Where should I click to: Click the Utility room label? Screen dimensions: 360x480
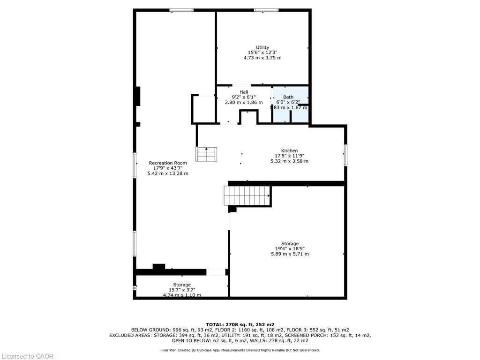coord(262,47)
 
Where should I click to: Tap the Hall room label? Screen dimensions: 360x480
coord(244,92)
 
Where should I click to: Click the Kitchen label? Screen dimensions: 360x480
coord(289,150)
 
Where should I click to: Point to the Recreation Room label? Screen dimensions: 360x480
coord(168,163)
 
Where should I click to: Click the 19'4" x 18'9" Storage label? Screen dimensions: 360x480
coord(290,244)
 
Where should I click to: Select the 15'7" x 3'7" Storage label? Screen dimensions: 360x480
coord(182,285)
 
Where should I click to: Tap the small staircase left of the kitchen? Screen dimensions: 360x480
coord(207,154)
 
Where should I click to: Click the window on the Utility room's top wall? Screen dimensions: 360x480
coord(266,10)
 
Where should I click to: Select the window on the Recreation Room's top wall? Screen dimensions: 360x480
coord(181,10)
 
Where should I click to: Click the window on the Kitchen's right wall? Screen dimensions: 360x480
coord(345,155)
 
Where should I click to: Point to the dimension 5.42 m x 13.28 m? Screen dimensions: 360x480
coord(168,173)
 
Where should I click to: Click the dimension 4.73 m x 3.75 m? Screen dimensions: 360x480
coord(262,58)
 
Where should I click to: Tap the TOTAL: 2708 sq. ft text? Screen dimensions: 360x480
coord(240,324)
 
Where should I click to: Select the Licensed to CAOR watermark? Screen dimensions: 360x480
coord(27,356)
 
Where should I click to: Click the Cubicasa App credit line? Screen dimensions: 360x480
coord(240,350)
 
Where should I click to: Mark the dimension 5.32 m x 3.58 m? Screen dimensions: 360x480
coord(289,161)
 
